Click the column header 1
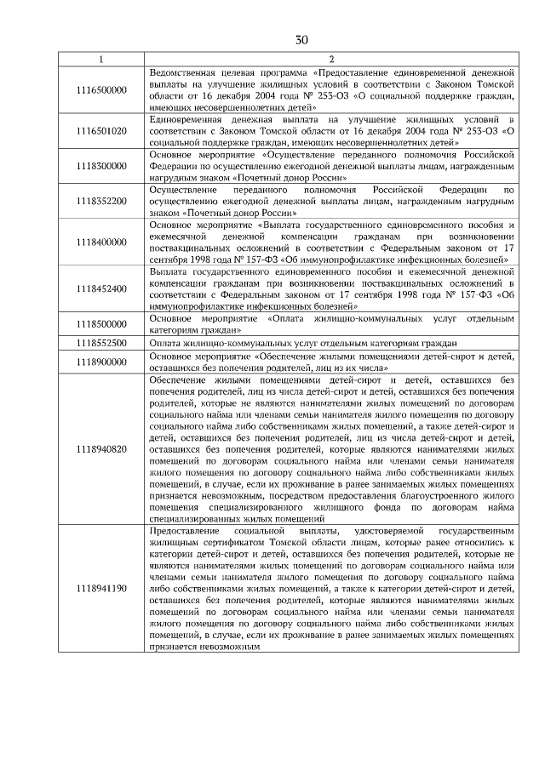(100, 59)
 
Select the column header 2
(331, 59)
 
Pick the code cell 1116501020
(100, 131)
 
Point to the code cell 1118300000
(100, 166)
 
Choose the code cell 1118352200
(100, 201)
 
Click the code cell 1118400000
(100, 242)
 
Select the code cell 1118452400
(100, 288)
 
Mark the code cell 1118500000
(100, 324)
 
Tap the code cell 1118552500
(100, 342)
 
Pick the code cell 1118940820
(100, 448)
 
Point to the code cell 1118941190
(100, 588)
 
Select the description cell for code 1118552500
(331, 342)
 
